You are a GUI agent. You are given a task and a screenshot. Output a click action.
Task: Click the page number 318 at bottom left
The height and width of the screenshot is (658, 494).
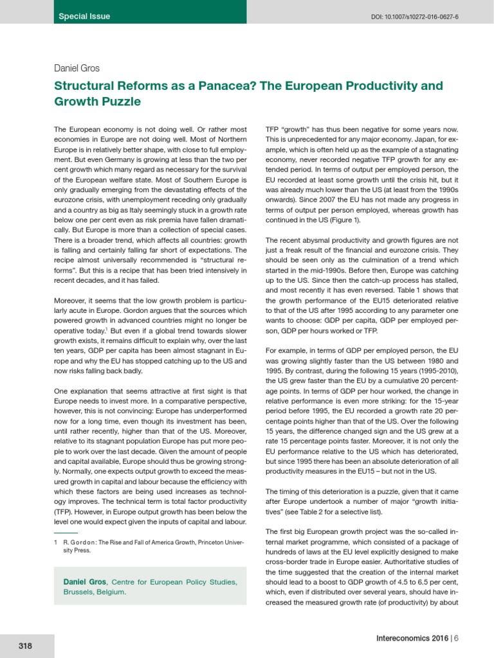pos(26,645)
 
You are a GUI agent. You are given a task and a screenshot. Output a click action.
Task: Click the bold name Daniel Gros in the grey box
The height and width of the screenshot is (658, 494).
pos(86,582)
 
